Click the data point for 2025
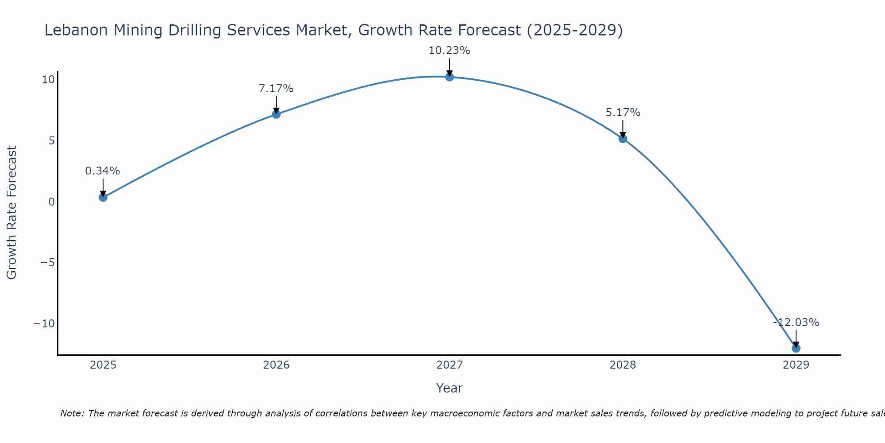(x=103, y=198)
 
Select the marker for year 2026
(x=276, y=114)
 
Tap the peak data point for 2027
(x=450, y=77)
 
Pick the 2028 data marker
(x=623, y=139)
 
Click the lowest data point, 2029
(x=796, y=348)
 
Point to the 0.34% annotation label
(x=103, y=171)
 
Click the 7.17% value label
(x=276, y=89)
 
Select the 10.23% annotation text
(x=449, y=51)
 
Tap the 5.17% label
(x=623, y=113)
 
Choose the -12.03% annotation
(x=796, y=323)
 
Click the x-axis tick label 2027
(x=450, y=365)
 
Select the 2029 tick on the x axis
(x=796, y=365)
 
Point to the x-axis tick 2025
(x=103, y=365)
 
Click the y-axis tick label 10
(x=48, y=80)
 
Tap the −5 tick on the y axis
(x=47, y=263)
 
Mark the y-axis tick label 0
(x=52, y=202)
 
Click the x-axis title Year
(x=449, y=388)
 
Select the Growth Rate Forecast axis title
(x=12, y=213)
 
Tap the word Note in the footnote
(x=72, y=413)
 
